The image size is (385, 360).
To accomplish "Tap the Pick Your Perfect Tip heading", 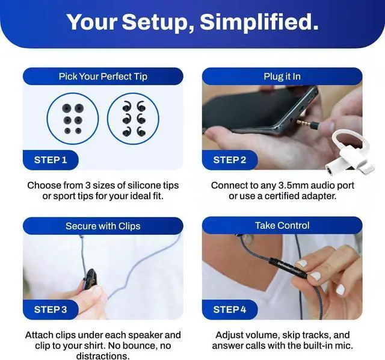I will (x=103, y=76).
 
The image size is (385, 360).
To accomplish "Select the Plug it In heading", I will (x=282, y=76).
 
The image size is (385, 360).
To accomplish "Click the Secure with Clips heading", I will (x=103, y=226).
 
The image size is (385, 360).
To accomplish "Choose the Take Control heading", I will (x=282, y=225).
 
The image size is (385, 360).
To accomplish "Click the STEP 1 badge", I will (x=51, y=160).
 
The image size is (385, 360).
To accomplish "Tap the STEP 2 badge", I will (x=230, y=160).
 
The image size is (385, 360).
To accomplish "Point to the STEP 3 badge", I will (x=51, y=309).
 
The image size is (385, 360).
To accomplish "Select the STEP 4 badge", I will (x=230, y=309).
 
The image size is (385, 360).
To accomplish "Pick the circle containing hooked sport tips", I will (x=128, y=119).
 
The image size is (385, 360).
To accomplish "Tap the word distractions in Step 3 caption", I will (x=103, y=356).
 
